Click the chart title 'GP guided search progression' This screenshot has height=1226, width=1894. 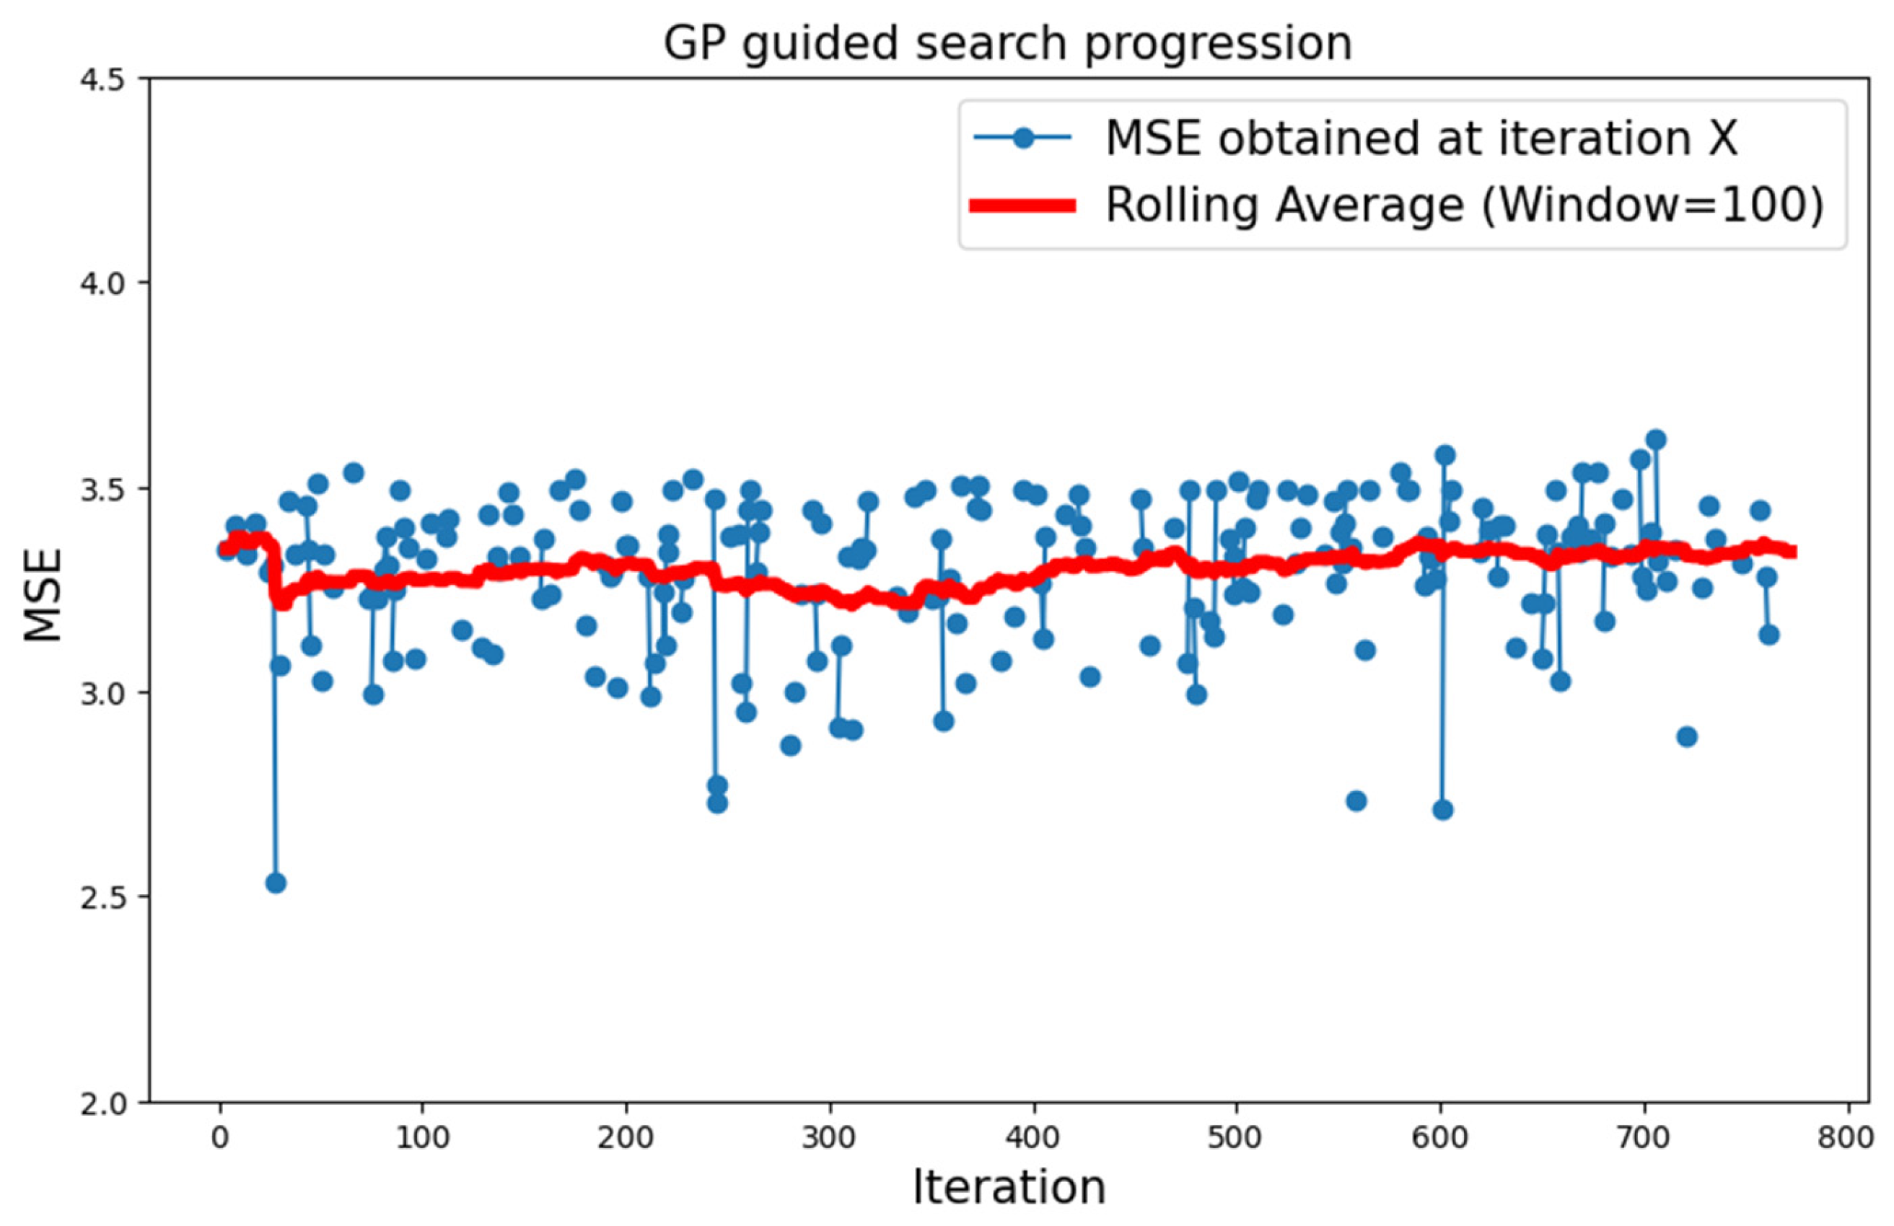coord(1007,43)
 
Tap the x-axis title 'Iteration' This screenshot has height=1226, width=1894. coord(1008,1188)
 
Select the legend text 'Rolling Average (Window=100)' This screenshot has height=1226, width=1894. coord(1463,206)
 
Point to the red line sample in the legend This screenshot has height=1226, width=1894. coord(1022,206)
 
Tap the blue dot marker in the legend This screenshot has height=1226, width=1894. coord(1023,138)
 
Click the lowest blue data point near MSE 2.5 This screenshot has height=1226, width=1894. coord(276,883)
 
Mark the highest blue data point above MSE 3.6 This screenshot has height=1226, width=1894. coord(1656,439)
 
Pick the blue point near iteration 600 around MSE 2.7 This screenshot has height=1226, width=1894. coord(1443,811)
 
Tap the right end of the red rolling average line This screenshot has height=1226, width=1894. coord(1792,552)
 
